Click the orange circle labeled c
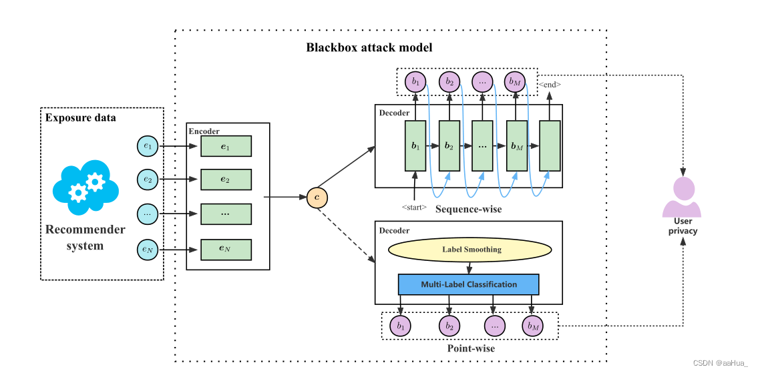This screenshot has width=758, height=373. [317, 198]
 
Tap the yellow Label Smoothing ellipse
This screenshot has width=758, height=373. [471, 250]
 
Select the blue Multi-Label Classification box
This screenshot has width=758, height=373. [468, 284]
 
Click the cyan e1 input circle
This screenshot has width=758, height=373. [147, 145]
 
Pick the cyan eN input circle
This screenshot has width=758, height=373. [147, 249]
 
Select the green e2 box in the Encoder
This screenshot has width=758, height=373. [226, 179]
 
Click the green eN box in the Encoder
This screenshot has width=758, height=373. [226, 249]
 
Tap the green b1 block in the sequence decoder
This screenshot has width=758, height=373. [415, 145]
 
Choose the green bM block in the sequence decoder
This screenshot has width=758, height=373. [516, 145]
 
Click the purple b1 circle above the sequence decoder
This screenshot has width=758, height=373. [416, 82]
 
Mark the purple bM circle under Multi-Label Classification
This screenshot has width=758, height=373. [532, 326]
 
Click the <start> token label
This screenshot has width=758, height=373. [414, 208]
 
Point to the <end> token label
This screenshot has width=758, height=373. [550, 85]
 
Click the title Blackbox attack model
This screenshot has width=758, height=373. [369, 47]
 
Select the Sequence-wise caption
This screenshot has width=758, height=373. [468, 210]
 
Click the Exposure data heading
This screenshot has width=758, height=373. [80, 118]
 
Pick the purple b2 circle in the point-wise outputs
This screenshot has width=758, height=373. [449, 326]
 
